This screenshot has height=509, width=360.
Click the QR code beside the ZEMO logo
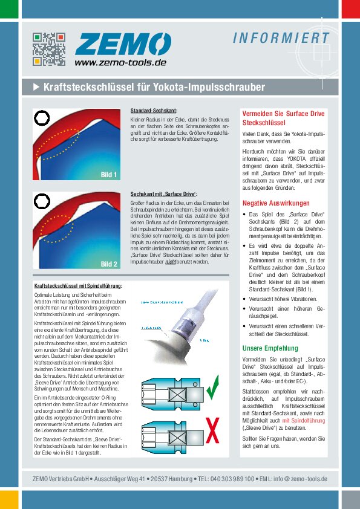[48, 48]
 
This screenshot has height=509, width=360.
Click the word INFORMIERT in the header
[281, 39]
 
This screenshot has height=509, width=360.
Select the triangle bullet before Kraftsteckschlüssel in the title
[36, 87]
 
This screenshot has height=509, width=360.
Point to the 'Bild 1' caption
[109, 175]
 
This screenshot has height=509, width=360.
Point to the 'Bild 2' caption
[109, 264]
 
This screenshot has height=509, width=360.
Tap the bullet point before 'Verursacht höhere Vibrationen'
[244, 297]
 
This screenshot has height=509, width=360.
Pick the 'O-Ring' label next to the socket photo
[203, 340]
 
